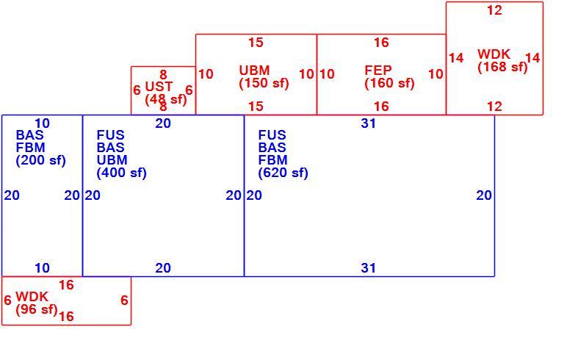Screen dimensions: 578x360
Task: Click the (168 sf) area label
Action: click(502, 67)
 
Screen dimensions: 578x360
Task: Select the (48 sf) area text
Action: click(166, 100)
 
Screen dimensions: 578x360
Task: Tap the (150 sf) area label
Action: click(264, 83)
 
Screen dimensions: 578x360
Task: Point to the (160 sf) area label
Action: click(389, 83)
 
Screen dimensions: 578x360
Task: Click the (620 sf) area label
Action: click(283, 173)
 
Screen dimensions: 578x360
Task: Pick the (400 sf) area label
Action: click(122, 173)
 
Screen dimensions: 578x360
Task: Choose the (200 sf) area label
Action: click(41, 160)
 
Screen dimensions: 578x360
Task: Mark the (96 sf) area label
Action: click(37, 309)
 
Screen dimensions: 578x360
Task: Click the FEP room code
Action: click(378, 70)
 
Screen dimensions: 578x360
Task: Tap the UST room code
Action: click(159, 87)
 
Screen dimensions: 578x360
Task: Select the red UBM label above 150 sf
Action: click(254, 70)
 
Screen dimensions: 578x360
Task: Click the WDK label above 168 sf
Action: click(494, 54)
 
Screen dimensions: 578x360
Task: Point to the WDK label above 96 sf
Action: click(32, 297)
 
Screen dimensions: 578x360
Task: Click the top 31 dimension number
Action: click(369, 123)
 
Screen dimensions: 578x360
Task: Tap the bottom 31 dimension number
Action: click(369, 268)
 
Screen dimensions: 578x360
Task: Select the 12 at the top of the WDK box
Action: click(495, 10)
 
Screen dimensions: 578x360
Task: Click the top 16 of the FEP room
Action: click(381, 43)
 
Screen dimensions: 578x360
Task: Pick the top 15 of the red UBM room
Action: click(256, 43)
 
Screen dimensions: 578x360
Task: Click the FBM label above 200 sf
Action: click(31, 148)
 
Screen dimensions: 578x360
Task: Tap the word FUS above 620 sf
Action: click(272, 135)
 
